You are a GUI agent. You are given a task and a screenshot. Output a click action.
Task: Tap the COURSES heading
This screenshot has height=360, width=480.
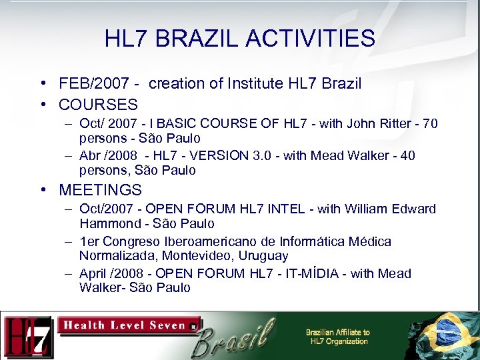[x=98, y=105]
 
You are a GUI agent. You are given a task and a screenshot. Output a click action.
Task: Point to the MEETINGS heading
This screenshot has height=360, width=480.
[x=100, y=190]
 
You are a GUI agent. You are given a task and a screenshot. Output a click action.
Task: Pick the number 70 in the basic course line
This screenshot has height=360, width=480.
[x=430, y=123]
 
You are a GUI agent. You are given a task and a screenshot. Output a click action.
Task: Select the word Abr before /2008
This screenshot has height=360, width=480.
[x=90, y=155]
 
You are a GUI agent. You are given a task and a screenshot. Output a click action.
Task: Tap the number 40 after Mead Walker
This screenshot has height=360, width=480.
[x=407, y=155]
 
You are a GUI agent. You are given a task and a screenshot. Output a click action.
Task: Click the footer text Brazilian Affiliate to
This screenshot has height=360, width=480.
[x=337, y=332]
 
